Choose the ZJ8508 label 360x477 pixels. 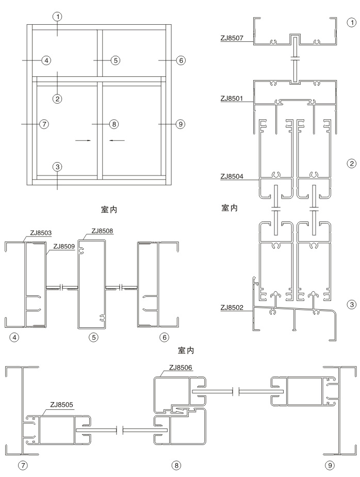click(x=102, y=231)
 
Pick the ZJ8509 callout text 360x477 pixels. click(x=60, y=246)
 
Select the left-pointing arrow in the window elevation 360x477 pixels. click(x=117, y=139)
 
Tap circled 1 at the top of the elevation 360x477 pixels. click(x=57, y=17)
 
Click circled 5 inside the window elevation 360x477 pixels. click(x=116, y=60)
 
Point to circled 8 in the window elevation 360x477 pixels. click(x=114, y=124)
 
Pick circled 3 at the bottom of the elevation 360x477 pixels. click(x=57, y=167)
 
